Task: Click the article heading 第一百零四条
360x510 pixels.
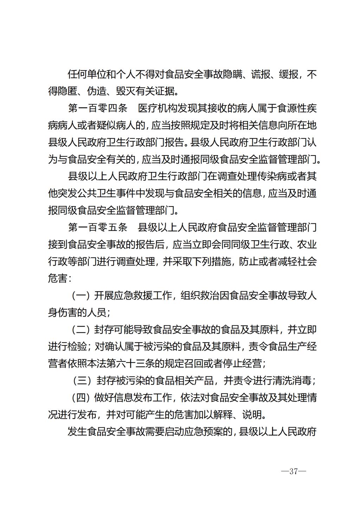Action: point(97,108)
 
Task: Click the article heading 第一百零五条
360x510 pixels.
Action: point(97,228)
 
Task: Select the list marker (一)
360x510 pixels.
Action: point(81,296)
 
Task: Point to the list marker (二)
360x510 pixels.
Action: point(81,330)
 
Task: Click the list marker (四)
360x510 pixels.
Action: point(81,398)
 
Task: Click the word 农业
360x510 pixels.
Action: point(308,244)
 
